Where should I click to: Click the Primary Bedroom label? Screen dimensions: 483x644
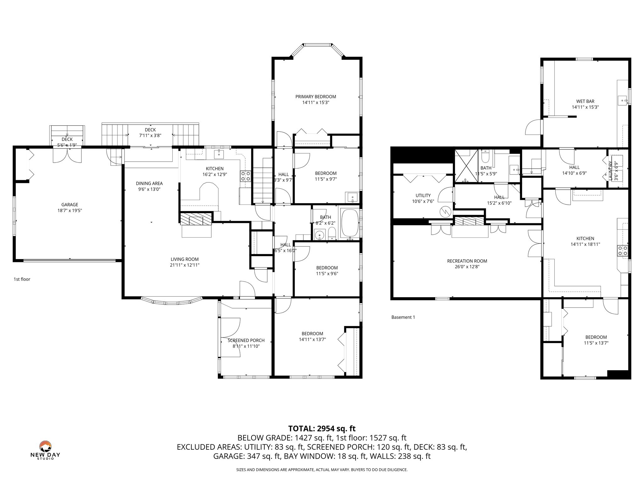[x=315, y=97]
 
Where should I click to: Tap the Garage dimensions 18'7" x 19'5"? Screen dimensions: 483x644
[x=69, y=210]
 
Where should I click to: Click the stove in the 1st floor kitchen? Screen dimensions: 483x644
[x=246, y=176]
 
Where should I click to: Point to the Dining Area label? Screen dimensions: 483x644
[x=149, y=183]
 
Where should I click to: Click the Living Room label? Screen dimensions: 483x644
[x=185, y=259]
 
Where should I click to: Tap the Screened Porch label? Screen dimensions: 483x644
[x=246, y=340]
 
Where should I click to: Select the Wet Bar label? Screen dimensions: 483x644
[x=585, y=101]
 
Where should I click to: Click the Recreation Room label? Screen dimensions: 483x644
[x=467, y=261]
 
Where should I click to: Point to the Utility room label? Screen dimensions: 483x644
[x=423, y=195]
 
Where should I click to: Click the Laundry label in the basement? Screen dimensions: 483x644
[x=610, y=171]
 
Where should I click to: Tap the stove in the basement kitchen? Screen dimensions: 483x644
[x=623, y=251]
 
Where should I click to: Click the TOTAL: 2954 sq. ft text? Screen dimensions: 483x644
[x=322, y=428]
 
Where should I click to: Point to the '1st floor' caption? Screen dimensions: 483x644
[x=22, y=279]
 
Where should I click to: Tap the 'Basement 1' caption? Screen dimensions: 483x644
[x=403, y=317]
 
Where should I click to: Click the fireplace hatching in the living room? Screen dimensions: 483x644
[x=196, y=219]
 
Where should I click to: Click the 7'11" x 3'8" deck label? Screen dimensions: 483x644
[x=150, y=136]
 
